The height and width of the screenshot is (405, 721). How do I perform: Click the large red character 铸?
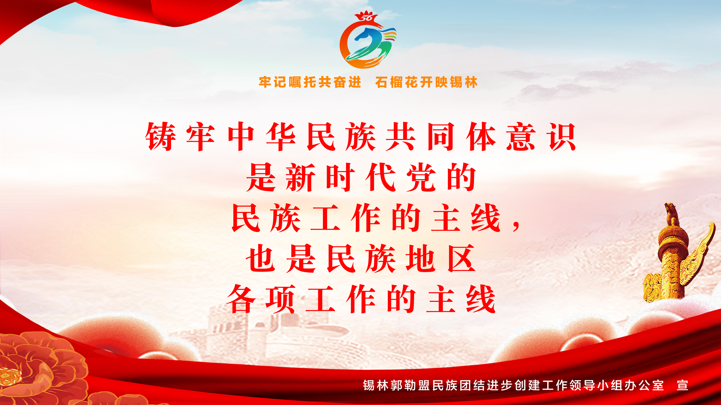[x=161, y=137]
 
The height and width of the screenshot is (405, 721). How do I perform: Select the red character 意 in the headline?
[x=521, y=137]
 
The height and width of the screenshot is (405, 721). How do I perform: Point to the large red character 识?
[x=561, y=137]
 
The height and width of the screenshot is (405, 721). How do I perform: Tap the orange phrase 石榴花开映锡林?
[x=426, y=82]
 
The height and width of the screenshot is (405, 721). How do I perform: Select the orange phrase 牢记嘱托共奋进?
[x=310, y=82]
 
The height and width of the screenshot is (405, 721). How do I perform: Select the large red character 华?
[x=281, y=137]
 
